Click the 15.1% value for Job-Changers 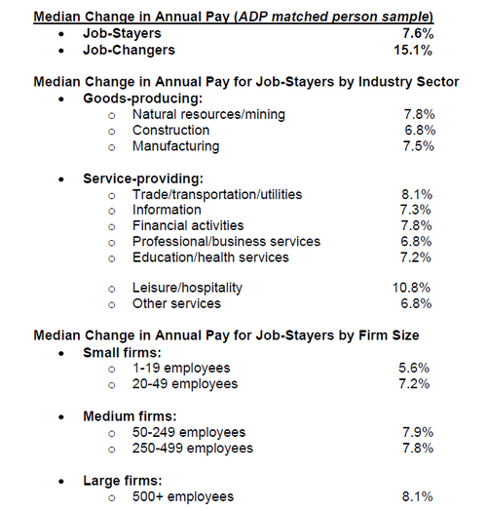[413, 50]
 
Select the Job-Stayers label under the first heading [122, 33]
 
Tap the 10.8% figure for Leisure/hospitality [411, 288]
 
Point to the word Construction [170, 131]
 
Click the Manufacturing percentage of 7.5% [419, 146]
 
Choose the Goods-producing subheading [143, 98]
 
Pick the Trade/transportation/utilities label [217, 195]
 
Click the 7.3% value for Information [415, 210]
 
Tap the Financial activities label [188, 225]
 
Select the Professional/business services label [226, 242]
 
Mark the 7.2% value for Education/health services [416, 257]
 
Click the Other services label [176, 303]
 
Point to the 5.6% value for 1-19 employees [414, 368]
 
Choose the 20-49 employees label [185, 384]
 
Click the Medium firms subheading [130, 416]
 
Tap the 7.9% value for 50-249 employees [418, 432]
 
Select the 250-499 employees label [193, 449]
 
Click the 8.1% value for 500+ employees [418, 496]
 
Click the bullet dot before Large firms [61, 482]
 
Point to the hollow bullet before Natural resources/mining [112, 115]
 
